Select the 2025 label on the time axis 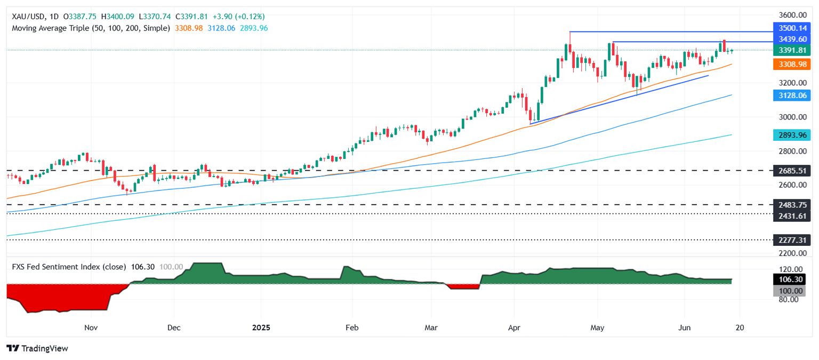261,327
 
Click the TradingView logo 37,348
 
